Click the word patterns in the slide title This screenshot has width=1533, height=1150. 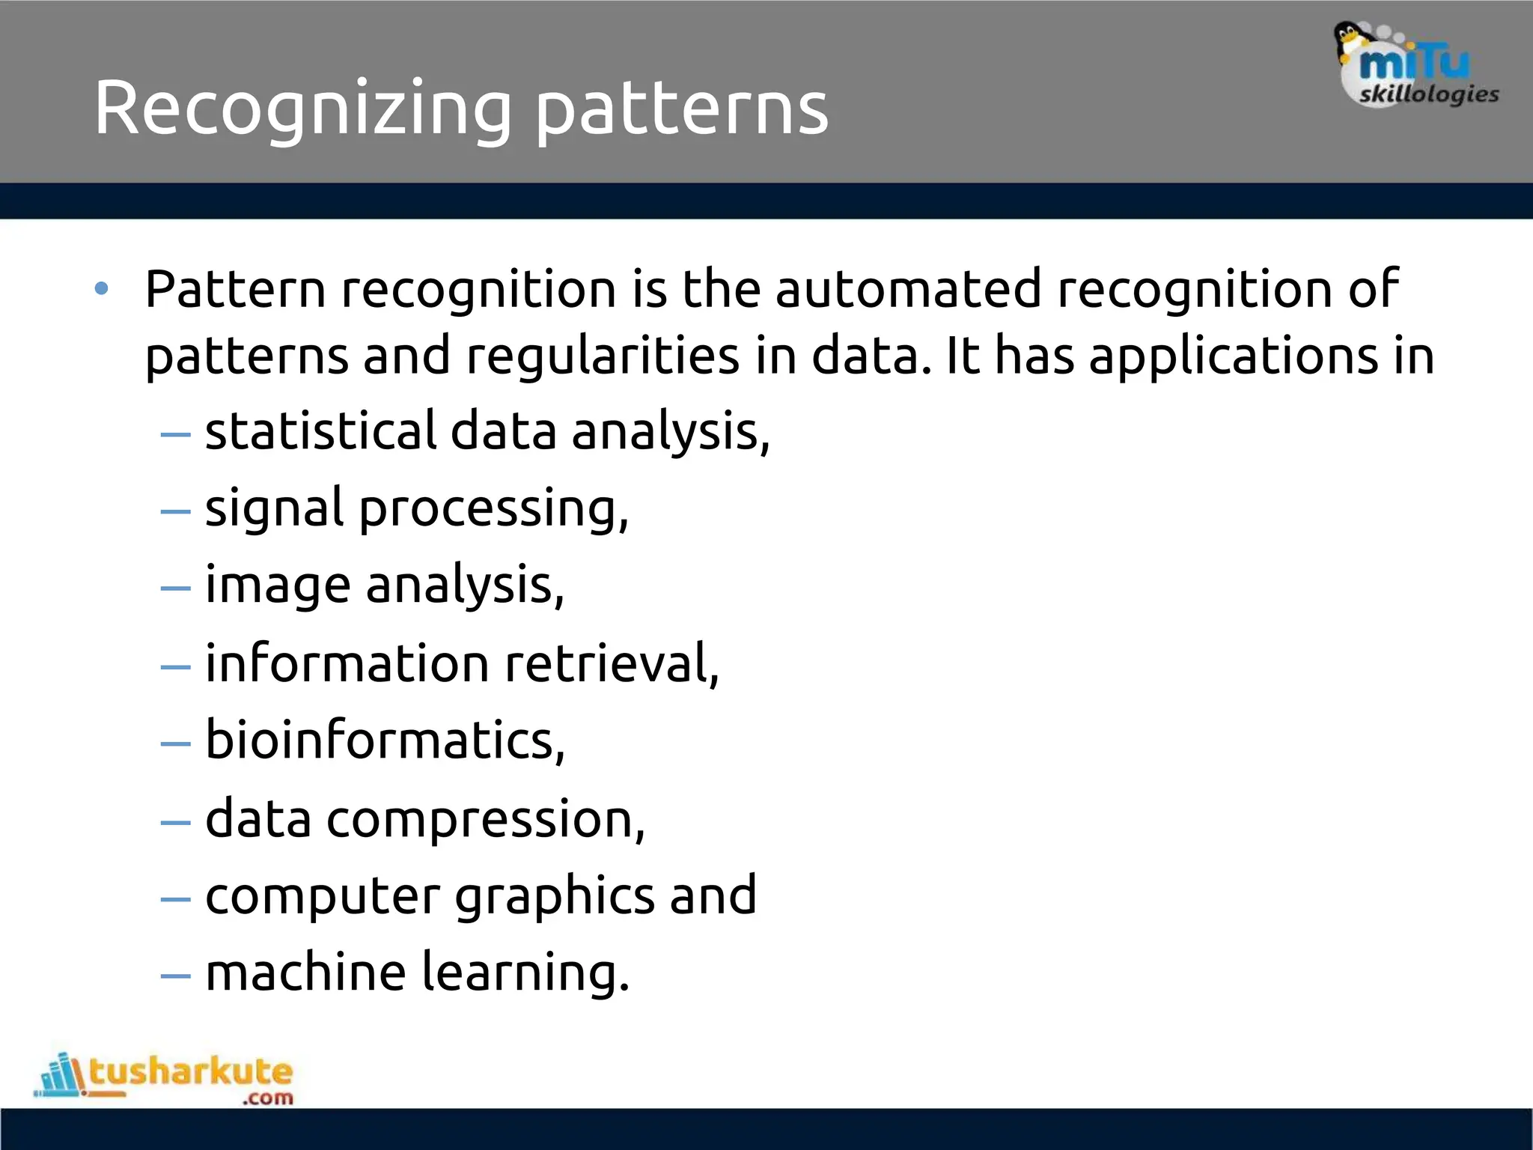tap(682, 109)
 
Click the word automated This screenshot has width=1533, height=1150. tap(908, 289)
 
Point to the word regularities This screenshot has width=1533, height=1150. tap(603, 356)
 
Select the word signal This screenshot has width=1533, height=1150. tap(274, 509)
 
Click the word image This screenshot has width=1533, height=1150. tap(278, 585)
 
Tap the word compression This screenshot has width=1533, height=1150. tap(485, 818)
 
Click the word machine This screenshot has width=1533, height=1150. tap(305, 973)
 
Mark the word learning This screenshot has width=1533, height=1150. tap(525, 973)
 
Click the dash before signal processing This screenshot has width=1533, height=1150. tap(176, 511)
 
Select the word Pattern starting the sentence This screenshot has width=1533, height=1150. tap(235, 289)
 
